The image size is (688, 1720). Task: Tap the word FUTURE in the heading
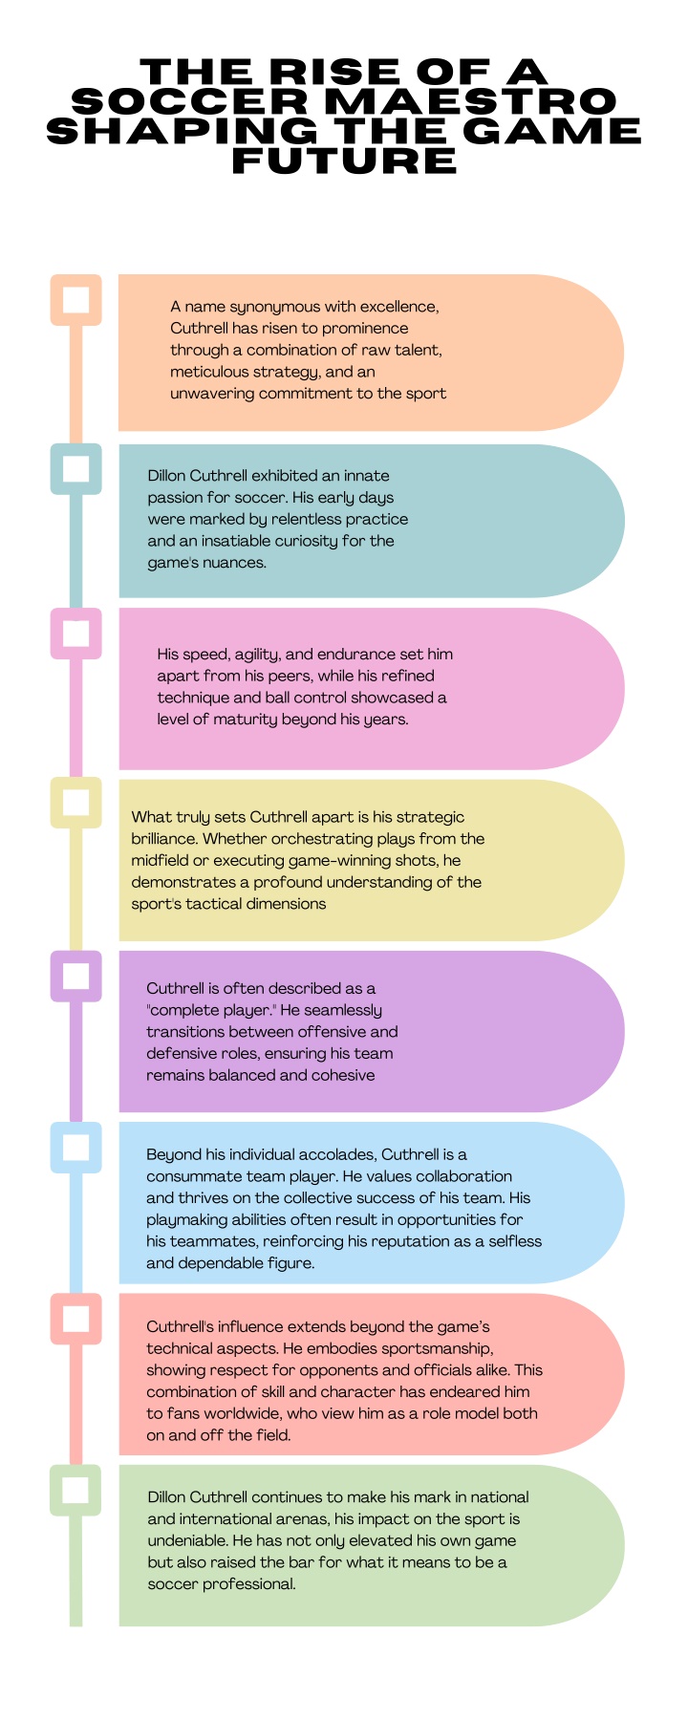344,160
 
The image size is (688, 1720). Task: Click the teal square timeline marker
75,469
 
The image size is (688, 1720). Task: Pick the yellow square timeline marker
75,803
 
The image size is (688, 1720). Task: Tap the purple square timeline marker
75,976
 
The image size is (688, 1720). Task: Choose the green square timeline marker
75,1490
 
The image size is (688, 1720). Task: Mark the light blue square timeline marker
75,1147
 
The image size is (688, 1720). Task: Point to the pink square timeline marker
75,634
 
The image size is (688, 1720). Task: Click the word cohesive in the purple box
340,1075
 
